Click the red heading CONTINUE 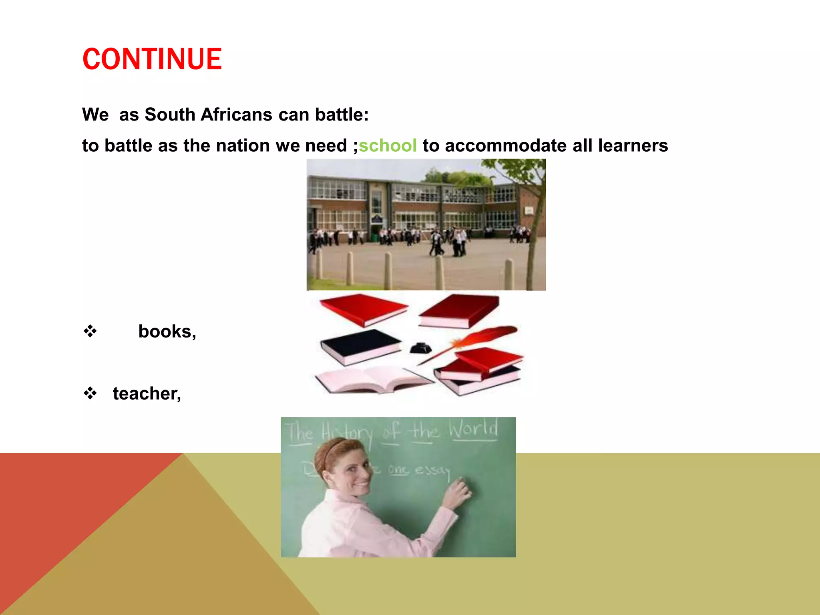(x=152, y=59)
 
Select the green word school (x=388, y=145)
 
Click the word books (x=167, y=332)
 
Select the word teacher (x=146, y=394)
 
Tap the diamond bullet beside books (x=90, y=331)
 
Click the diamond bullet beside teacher (x=90, y=393)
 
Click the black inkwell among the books (x=420, y=348)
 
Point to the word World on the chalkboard (x=473, y=429)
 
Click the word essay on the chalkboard (x=432, y=469)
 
